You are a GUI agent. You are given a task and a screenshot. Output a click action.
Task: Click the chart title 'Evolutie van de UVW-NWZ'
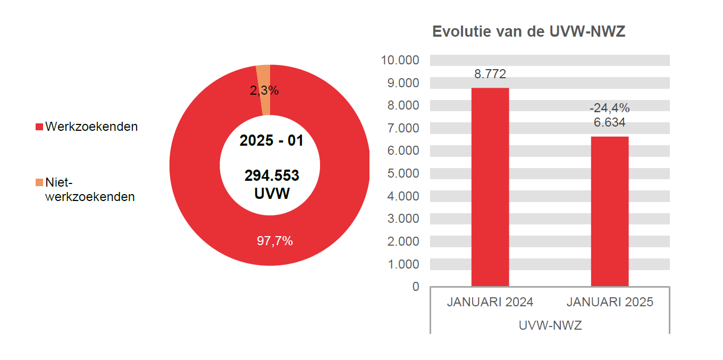(x=528, y=31)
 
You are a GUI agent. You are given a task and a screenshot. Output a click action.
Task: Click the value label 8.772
(x=490, y=74)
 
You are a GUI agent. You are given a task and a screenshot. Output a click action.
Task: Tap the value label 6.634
(x=609, y=122)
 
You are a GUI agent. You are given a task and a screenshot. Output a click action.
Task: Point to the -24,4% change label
(x=609, y=108)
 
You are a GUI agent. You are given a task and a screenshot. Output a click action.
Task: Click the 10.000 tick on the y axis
(x=400, y=60)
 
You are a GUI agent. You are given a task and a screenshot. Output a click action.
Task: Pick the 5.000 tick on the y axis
(x=403, y=173)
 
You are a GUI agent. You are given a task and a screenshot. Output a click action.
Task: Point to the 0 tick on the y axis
(x=415, y=287)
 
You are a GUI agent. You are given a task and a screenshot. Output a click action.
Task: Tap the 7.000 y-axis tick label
(x=403, y=128)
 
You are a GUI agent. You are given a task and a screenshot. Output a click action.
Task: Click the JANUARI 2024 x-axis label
(x=490, y=302)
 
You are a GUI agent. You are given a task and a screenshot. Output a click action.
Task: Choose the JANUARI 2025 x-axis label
(x=610, y=302)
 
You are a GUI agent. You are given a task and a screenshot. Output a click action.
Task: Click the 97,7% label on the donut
(x=275, y=241)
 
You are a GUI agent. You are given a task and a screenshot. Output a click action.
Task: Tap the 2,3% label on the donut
(x=264, y=90)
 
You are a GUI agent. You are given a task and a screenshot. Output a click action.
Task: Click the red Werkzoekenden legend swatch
(x=39, y=127)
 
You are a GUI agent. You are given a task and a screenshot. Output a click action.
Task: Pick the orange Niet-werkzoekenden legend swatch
(x=39, y=183)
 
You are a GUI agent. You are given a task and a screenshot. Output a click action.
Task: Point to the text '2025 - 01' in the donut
(x=271, y=141)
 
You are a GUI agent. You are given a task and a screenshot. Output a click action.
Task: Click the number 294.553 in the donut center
(x=272, y=175)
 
